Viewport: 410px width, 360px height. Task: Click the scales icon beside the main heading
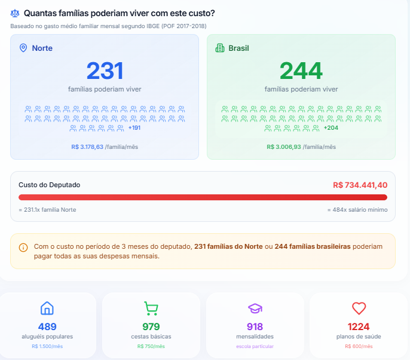tap(15, 13)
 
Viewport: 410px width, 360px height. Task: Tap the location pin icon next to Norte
tap(24, 48)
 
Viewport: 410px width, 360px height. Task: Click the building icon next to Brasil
tap(219, 48)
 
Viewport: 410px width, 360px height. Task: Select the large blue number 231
tap(105, 71)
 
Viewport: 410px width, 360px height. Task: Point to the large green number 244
tap(301, 71)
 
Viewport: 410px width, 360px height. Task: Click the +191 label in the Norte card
tap(134, 128)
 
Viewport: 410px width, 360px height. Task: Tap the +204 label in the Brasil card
tap(331, 128)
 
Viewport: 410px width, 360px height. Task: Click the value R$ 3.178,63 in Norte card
tap(87, 147)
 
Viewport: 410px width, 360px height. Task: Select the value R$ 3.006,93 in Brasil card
tap(284, 147)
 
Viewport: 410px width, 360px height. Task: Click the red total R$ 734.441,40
tap(360, 185)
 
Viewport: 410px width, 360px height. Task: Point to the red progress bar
tap(203, 197)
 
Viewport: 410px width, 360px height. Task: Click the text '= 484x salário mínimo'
tap(357, 210)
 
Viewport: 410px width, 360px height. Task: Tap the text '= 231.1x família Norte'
tap(47, 210)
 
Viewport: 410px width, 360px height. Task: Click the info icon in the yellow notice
tap(23, 248)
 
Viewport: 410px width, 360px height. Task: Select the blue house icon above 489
tap(47, 309)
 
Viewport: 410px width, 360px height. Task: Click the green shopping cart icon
tap(151, 309)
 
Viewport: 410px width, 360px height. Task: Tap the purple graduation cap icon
tap(255, 309)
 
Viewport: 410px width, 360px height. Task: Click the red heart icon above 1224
tap(359, 309)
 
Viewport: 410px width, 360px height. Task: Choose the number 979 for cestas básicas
tap(151, 327)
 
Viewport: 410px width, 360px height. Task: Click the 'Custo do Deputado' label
tap(49, 185)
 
